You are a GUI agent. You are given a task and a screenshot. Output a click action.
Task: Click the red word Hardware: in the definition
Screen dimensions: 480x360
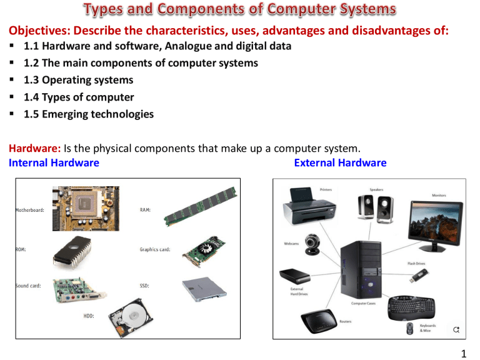point(34,149)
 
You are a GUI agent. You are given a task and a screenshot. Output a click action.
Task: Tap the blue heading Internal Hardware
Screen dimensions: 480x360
point(54,163)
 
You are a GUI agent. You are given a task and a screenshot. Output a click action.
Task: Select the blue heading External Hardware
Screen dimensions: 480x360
point(339,163)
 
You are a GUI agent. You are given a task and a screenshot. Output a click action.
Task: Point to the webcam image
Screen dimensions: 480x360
point(312,247)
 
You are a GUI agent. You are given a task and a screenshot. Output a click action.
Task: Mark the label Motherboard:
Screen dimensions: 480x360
point(29,211)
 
